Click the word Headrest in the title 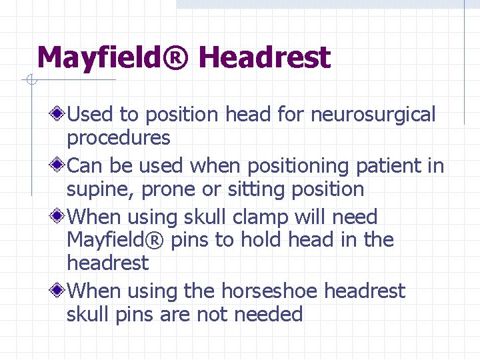(x=264, y=58)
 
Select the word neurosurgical (x=373, y=115)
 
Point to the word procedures (x=119, y=138)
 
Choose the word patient (x=390, y=165)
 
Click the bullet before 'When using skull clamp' (x=59, y=217)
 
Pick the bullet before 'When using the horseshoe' (x=59, y=291)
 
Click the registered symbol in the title (x=178, y=58)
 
